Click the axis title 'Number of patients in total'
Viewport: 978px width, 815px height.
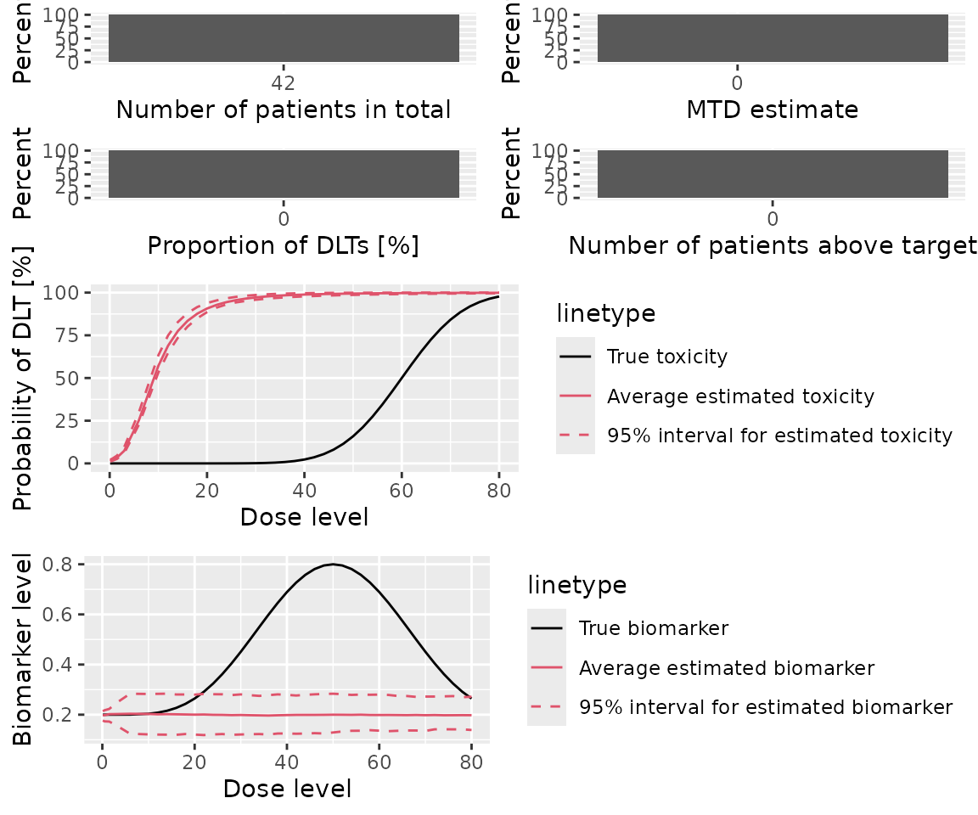283,110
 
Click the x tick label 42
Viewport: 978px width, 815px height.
283,83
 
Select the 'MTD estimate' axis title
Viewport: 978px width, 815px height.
772,110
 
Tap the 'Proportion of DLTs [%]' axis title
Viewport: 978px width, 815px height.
283,245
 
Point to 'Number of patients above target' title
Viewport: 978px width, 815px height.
772,245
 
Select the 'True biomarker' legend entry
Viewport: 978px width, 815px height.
653,628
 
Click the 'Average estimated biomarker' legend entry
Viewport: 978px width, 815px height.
726,668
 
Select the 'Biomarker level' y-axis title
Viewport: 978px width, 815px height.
25,649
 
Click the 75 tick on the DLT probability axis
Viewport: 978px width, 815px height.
70,335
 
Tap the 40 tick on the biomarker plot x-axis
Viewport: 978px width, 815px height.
287,762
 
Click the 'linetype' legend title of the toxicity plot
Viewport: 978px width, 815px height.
605,313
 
